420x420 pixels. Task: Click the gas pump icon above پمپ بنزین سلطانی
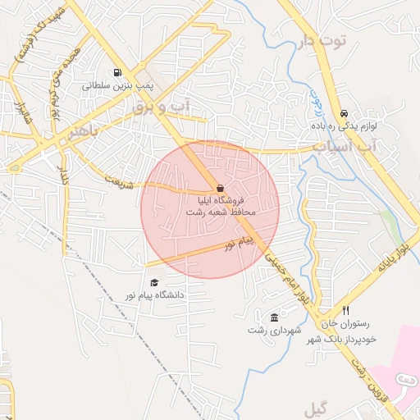pos(121,72)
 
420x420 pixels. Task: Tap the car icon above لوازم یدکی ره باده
pos(344,114)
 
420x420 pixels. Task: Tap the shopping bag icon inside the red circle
pos(219,187)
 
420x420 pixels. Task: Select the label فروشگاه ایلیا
pos(220,200)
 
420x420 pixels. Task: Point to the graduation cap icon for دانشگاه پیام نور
pos(153,282)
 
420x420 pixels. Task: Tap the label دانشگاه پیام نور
pos(155,294)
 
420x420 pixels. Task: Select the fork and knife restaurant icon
pos(345,311)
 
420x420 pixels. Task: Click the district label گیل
pos(315,408)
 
